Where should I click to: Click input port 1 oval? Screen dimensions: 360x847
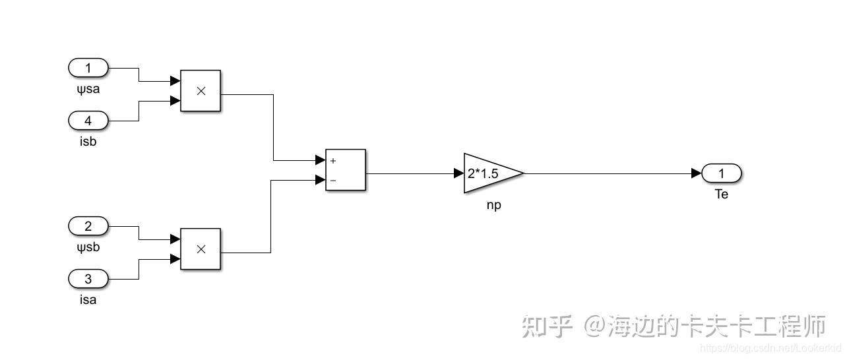(88, 67)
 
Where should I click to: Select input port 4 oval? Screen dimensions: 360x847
(88, 121)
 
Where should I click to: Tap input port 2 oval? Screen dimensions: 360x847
(88, 226)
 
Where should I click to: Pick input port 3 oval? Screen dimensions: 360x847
(88, 279)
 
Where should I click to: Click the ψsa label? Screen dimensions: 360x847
(88, 88)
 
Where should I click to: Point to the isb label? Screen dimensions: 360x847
(88, 141)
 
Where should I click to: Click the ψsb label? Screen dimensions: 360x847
(88, 247)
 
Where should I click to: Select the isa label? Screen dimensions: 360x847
(88, 300)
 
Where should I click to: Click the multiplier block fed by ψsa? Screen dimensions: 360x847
(201, 90)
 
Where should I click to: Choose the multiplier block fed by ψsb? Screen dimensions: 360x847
(201, 249)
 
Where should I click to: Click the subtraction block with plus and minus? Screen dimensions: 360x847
(346, 169)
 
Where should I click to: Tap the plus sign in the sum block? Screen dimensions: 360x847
(333, 160)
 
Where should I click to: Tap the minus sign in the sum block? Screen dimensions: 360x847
(333, 180)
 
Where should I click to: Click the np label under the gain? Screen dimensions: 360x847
(493, 205)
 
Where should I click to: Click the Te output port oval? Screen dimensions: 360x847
(722, 173)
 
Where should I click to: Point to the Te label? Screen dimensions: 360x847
(722, 195)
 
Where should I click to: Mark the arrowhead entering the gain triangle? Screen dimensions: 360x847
(459, 173)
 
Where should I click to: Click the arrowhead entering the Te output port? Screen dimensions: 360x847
(697, 173)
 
